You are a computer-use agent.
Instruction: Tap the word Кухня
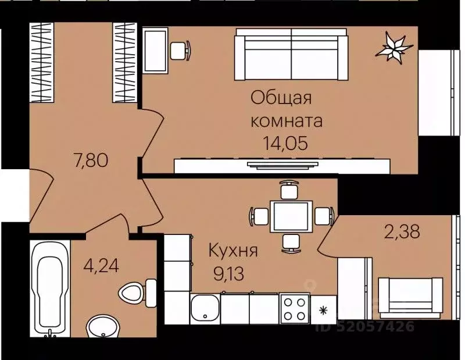click(x=233, y=251)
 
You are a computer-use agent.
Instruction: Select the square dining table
click(x=288, y=216)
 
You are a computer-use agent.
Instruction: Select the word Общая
click(x=281, y=97)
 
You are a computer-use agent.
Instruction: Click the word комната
click(x=285, y=120)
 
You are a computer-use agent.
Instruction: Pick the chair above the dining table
click(x=288, y=190)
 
